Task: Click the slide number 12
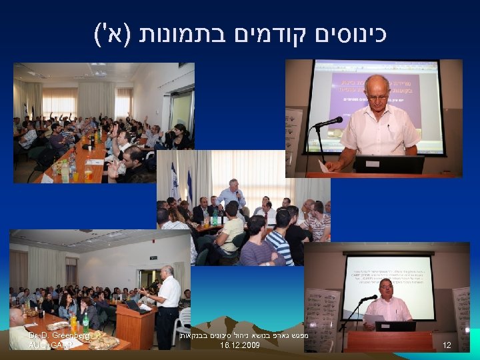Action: click(x=447, y=345)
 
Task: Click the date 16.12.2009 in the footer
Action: click(x=239, y=346)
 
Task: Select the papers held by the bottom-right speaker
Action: click(x=372, y=319)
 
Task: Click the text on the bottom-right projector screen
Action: click(x=387, y=281)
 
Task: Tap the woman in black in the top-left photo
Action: click(x=181, y=137)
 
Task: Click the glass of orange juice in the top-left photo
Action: click(x=88, y=175)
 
